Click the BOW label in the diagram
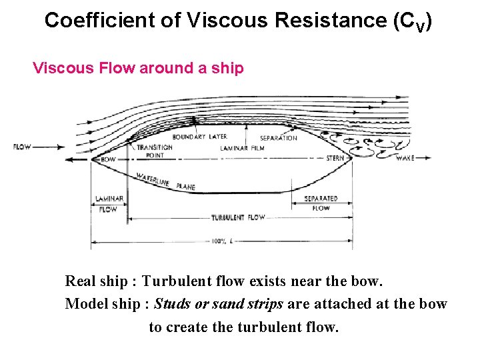pos(108,159)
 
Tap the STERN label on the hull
pos(335,159)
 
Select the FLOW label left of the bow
pos(21,147)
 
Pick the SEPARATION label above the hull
pos(279,138)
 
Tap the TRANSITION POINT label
pos(154,151)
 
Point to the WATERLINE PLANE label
pos(165,182)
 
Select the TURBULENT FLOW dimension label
pos(238,217)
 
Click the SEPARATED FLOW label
pos(321,203)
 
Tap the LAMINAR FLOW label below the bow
pos(108,203)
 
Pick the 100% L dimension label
pos(221,241)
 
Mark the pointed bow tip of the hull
pos(92,159)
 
